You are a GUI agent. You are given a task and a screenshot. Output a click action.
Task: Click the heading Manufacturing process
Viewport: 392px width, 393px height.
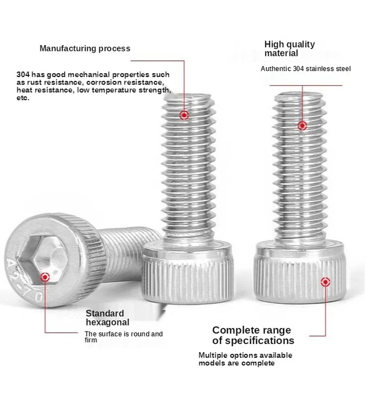coord(85,48)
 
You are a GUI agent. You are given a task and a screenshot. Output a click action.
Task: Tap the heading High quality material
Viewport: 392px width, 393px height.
coord(290,48)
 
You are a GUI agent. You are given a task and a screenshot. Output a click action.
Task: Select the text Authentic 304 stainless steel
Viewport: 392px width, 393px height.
coord(305,69)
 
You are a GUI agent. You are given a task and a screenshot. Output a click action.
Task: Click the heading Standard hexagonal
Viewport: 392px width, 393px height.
coord(108,317)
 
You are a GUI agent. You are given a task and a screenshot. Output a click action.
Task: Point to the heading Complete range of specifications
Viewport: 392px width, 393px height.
coord(253,335)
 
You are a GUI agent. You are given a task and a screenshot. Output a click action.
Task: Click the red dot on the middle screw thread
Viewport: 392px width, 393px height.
coord(184,115)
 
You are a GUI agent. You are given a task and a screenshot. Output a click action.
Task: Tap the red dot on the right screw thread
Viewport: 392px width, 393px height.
coord(302,126)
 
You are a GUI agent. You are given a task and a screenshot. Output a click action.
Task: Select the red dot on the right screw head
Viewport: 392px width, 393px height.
coord(324,282)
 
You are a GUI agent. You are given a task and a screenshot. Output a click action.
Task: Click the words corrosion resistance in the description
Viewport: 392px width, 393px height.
coord(120,83)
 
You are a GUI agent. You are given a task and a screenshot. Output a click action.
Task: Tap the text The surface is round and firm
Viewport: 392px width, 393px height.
coord(123,337)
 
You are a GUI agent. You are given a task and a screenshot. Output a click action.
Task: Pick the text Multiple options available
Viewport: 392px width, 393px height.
coord(245,355)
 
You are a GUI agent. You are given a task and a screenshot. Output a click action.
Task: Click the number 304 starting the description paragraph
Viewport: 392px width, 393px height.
coord(23,75)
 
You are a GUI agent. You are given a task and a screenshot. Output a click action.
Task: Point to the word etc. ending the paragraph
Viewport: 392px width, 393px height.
coord(23,98)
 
